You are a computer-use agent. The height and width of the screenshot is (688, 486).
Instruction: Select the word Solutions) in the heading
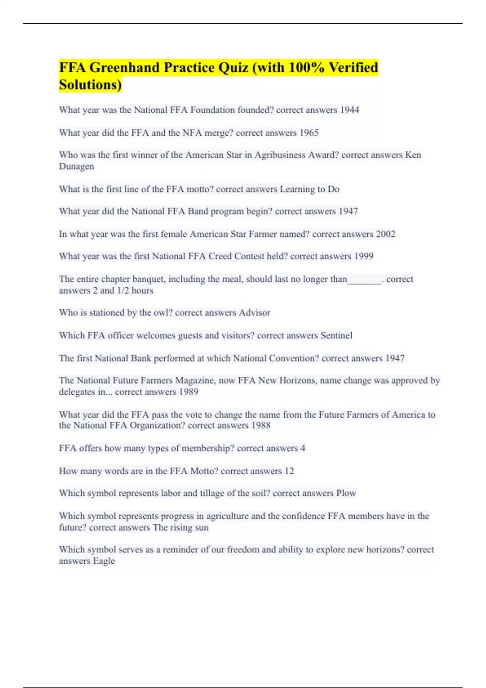point(90,85)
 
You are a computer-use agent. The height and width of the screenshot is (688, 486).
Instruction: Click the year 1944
point(349,110)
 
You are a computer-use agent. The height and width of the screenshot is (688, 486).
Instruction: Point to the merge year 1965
point(309,133)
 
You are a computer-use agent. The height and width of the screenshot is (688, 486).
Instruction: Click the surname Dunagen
point(77,166)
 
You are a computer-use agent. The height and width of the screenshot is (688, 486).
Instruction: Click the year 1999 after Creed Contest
point(363,256)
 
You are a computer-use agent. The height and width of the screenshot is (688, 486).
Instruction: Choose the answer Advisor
point(254,312)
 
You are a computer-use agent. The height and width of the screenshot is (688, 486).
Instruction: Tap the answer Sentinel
point(336,336)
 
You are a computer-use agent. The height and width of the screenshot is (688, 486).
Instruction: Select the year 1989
point(188,392)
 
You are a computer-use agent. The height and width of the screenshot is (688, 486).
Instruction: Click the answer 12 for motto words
point(289,471)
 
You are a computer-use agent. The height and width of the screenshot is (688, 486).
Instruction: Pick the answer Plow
point(346,493)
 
